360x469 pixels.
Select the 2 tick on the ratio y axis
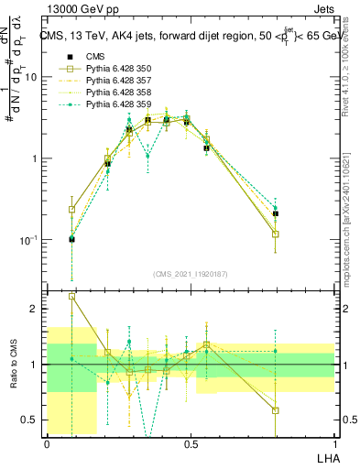(x=36, y=310)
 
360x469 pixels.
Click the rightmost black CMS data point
(x=276, y=213)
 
